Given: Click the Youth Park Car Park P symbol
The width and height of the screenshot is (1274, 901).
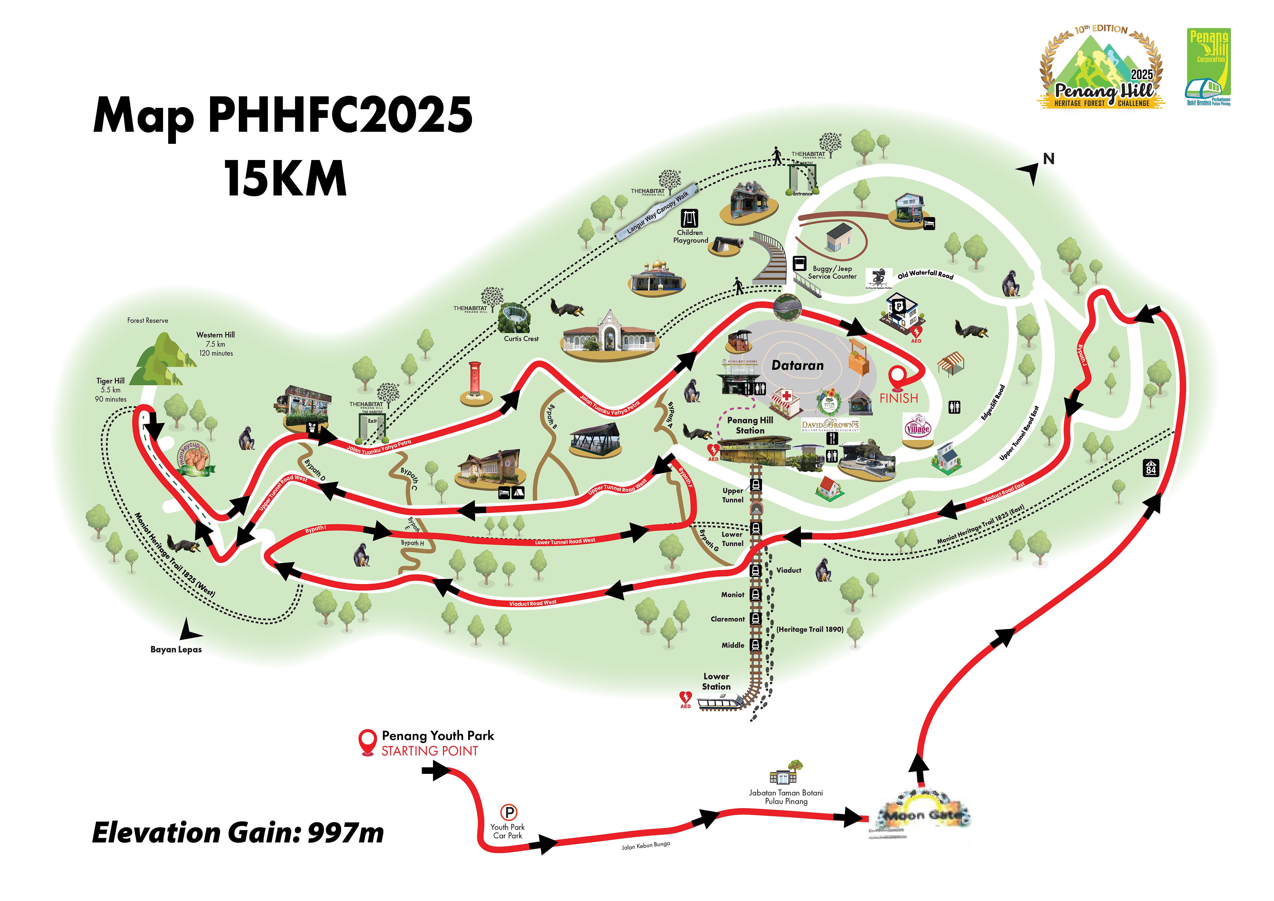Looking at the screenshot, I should (508, 813).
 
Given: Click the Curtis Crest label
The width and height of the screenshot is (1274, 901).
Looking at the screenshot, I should (521, 339).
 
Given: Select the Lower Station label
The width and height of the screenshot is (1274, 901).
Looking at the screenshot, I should (716, 681).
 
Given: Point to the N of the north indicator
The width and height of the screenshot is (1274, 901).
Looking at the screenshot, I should (1048, 159).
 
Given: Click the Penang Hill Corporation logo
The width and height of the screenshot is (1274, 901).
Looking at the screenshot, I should (1209, 67).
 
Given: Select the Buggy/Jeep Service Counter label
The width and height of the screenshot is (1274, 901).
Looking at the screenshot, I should (832, 273).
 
